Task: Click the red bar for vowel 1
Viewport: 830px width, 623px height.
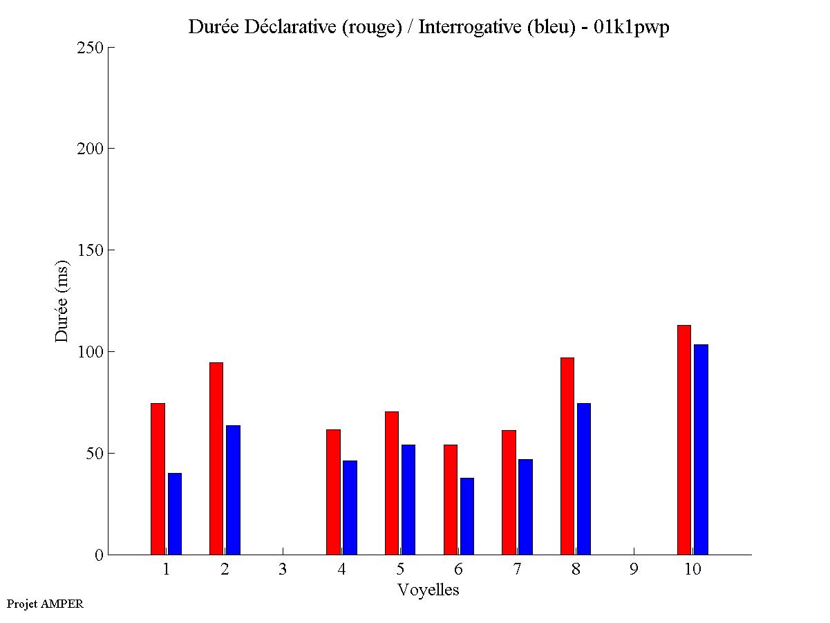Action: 158,478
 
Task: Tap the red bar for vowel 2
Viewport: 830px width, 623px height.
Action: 216,458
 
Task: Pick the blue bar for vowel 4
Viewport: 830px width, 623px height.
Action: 350,508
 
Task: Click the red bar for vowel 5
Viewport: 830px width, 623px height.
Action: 392,483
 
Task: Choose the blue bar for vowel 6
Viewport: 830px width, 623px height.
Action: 466,516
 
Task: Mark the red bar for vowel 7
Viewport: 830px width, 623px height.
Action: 509,492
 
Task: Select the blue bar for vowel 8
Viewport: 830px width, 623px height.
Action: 584,478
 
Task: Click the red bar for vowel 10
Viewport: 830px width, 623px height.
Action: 683,440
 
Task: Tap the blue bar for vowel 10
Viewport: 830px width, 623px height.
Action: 701,449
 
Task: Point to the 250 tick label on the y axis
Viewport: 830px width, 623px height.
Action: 91,48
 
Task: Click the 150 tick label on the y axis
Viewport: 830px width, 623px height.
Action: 91,250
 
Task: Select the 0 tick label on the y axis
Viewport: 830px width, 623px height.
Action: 99,555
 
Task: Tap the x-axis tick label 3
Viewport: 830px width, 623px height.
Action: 283,570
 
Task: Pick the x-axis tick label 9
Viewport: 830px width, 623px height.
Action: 634,570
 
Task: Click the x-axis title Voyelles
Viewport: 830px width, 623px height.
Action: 428,590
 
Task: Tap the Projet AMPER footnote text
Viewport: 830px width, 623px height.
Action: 45,604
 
